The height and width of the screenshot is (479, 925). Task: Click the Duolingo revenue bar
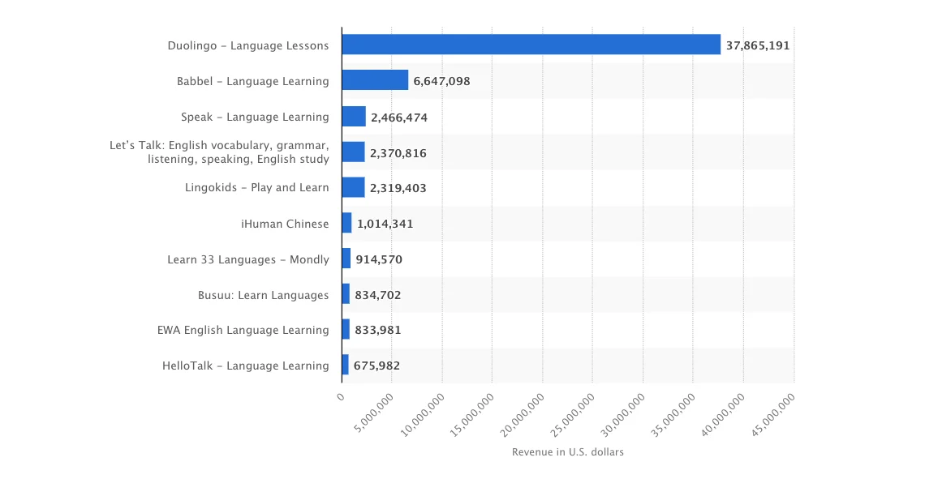(x=531, y=45)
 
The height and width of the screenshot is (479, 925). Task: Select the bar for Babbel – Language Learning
(x=375, y=80)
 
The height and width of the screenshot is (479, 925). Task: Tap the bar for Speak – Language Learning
(x=354, y=117)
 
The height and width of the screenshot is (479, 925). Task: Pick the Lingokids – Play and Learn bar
(x=353, y=187)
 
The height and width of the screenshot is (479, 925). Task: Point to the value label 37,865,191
(x=757, y=45)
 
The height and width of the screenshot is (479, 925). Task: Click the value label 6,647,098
(x=441, y=81)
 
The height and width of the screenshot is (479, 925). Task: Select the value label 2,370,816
(x=398, y=152)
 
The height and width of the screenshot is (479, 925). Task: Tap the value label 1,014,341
(x=385, y=224)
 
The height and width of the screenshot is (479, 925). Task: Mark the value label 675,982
(x=376, y=366)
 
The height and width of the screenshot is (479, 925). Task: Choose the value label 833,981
(x=377, y=330)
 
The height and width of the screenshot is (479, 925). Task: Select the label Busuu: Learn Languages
(x=263, y=295)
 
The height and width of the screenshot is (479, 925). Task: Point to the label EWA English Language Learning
(x=243, y=330)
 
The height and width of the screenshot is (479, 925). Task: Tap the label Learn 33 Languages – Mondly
(x=247, y=259)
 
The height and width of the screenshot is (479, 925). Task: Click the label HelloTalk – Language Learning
(x=245, y=366)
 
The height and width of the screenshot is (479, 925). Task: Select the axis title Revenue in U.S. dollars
(x=567, y=451)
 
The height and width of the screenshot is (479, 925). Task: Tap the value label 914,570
(x=379, y=259)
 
